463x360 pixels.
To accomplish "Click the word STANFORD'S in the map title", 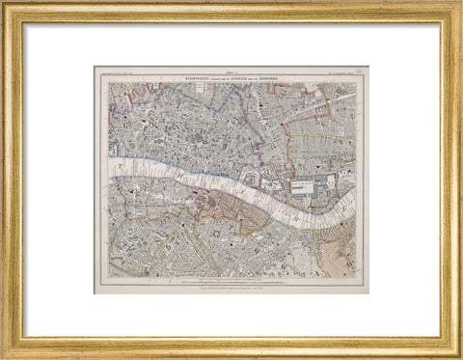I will point(179,74).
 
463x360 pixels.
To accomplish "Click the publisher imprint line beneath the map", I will point(231,287).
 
